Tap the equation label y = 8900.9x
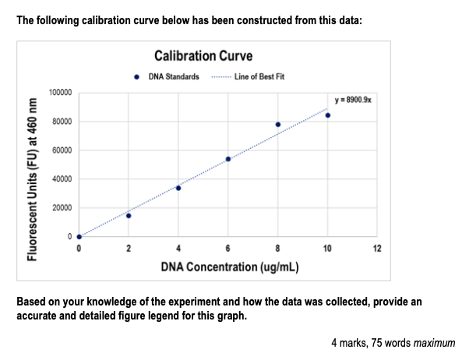(x=353, y=101)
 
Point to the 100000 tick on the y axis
(x=61, y=93)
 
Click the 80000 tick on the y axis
(x=62, y=122)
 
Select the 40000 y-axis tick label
(x=62, y=179)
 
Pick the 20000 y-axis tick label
(x=62, y=208)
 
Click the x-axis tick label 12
(x=377, y=249)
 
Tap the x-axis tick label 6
(x=228, y=249)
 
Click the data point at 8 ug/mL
(x=278, y=125)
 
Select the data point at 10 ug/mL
(x=328, y=115)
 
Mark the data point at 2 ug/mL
(x=129, y=216)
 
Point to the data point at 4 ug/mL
(x=178, y=188)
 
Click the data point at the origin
(x=79, y=237)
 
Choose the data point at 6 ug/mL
(x=228, y=159)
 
